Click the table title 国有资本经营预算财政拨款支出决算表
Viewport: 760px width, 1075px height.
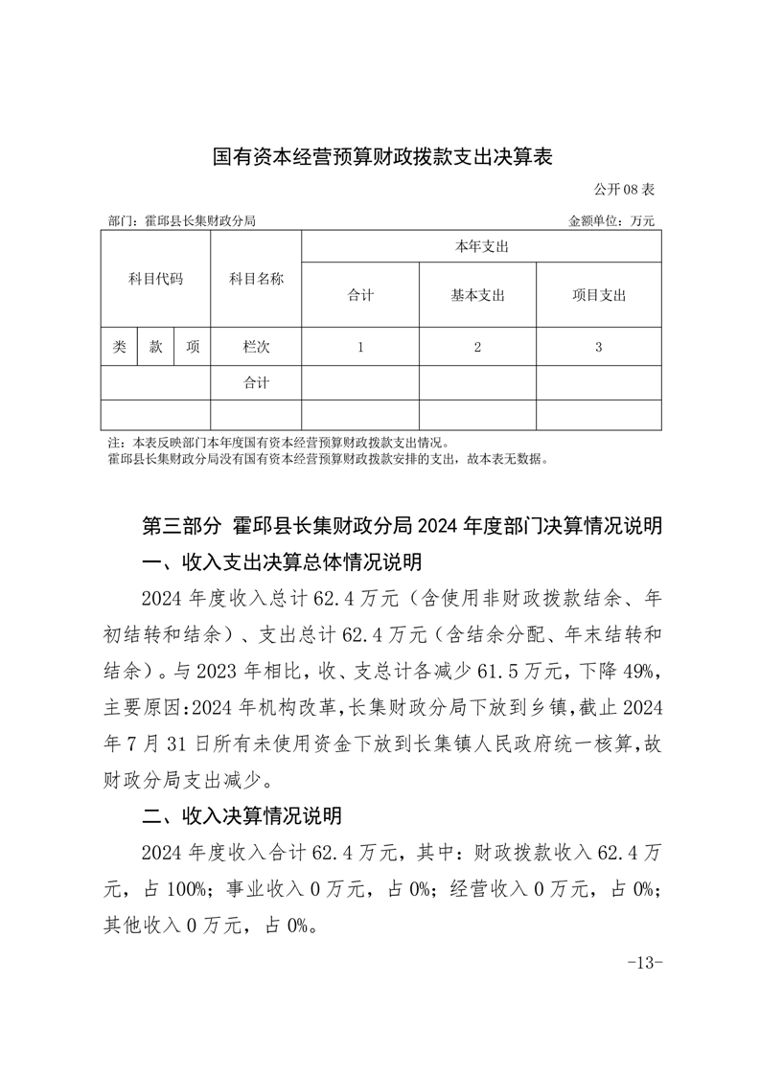coord(382,156)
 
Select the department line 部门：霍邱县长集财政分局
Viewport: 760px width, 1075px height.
coord(183,220)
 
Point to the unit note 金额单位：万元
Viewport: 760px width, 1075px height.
coord(611,220)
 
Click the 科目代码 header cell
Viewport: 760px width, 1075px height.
coord(155,279)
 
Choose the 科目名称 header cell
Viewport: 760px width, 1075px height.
coord(256,279)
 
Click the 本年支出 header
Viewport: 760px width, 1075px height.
coord(481,247)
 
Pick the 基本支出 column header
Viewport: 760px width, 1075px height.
coord(477,295)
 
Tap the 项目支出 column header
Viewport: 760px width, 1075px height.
coord(598,295)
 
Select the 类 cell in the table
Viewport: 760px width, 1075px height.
coord(119,348)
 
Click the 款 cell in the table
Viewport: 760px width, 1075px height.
coord(155,348)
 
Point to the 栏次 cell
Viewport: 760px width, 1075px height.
coord(256,348)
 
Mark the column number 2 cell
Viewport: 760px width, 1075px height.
coord(477,348)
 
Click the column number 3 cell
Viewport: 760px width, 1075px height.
coord(598,348)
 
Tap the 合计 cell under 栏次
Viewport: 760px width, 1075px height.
coord(256,383)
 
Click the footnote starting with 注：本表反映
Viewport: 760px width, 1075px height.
coord(278,444)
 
